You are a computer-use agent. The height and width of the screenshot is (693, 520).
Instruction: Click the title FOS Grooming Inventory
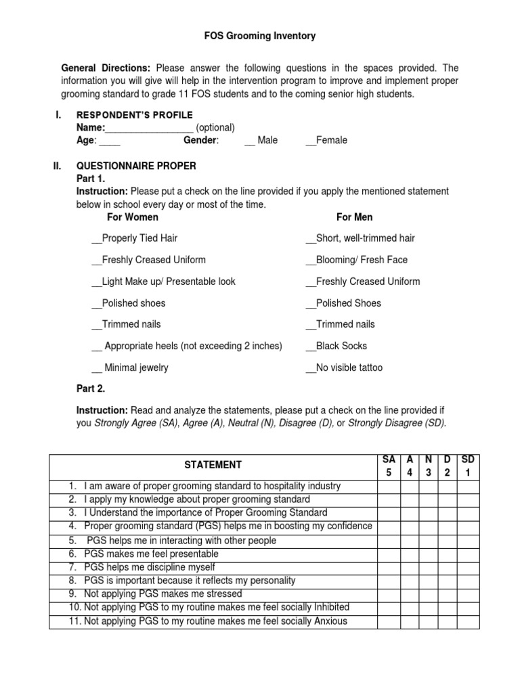click(260, 36)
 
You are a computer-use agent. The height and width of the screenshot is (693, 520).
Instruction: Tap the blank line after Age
click(110, 141)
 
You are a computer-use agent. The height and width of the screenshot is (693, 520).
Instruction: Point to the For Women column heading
click(133, 217)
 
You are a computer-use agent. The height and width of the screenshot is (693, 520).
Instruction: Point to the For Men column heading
click(354, 217)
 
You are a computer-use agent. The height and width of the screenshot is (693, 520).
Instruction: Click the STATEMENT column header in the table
click(214, 465)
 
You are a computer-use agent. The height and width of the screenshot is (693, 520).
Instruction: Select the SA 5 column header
click(389, 466)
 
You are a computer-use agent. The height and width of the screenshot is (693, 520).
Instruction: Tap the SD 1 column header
click(468, 466)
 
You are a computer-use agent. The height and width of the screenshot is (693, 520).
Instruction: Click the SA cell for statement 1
click(389, 486)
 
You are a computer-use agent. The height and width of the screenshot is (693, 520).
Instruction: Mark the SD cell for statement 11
click(468, 621)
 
